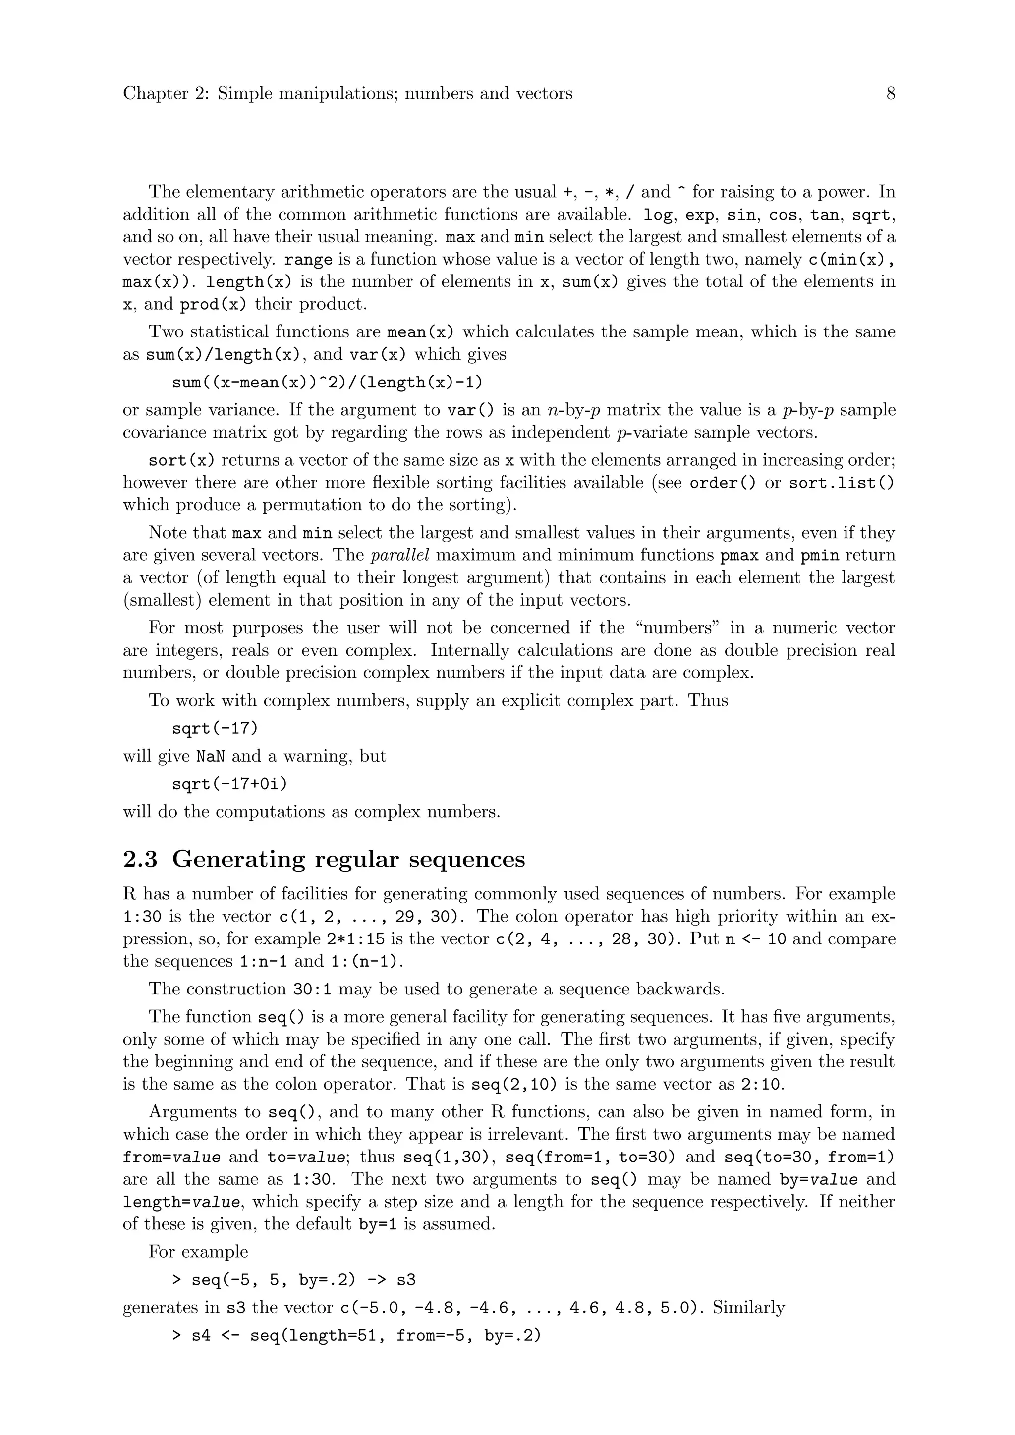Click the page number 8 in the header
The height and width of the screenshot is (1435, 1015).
891,94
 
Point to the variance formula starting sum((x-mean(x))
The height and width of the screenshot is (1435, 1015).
328,382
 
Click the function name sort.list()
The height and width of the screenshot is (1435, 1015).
841,483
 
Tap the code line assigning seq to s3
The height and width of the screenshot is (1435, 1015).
294,1280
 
